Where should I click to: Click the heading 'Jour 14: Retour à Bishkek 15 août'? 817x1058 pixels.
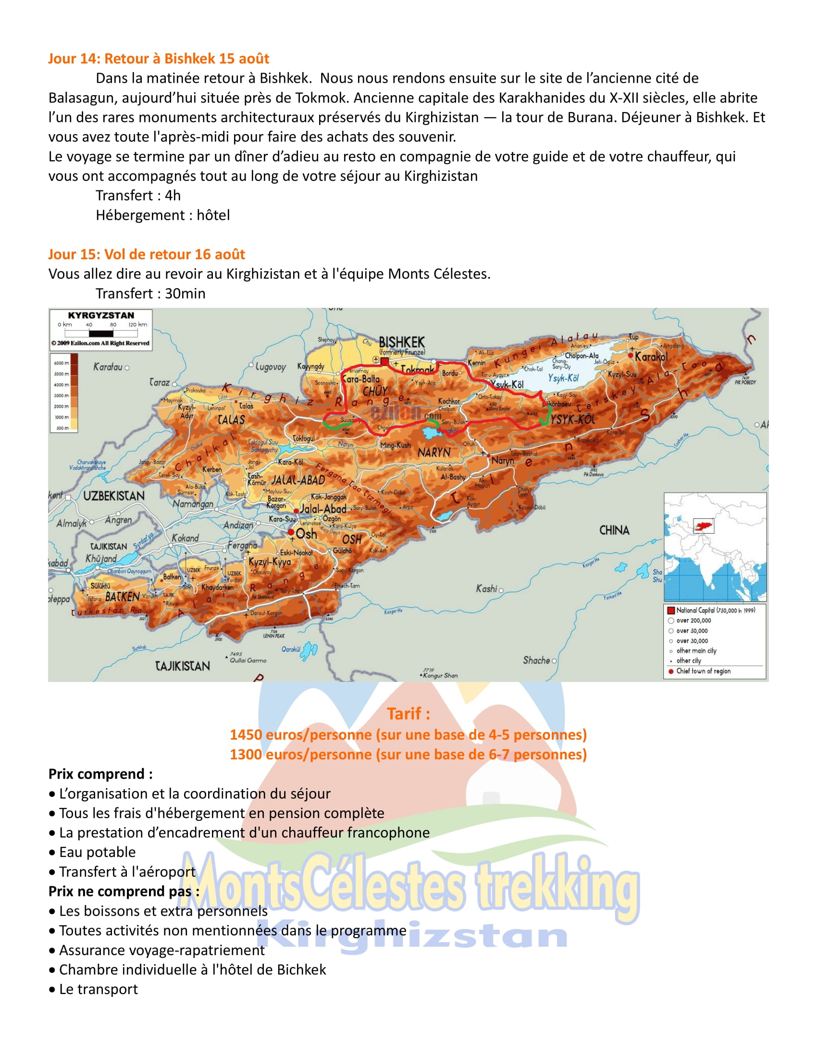point(158,59)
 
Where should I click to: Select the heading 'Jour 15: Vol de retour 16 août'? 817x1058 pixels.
point(146,254)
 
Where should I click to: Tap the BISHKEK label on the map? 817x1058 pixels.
point(402,342)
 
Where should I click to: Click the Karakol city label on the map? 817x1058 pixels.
point(651,357)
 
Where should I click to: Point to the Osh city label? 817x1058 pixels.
point(307,534)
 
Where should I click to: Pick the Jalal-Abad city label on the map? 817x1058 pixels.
point(323,509)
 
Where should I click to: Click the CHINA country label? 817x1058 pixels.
point(614,530)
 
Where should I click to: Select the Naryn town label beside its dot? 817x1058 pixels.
point(502,460)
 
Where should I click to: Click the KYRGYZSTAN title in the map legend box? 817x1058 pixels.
point(100,315)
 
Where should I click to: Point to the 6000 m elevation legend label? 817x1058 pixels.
point(62,363)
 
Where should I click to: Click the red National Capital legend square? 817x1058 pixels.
point(671,610)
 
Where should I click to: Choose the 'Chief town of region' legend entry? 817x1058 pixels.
point(703,671)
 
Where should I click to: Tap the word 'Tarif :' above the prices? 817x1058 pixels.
point(408,714)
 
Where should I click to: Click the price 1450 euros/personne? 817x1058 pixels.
point(408,734)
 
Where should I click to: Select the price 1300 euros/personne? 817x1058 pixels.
point(408,754)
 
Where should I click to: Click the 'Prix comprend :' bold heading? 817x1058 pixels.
point(100,774)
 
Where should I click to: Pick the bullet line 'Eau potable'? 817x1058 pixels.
point(97,852)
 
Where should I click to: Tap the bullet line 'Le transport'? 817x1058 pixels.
point(98,989)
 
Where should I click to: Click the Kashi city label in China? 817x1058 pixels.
point(486,589)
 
